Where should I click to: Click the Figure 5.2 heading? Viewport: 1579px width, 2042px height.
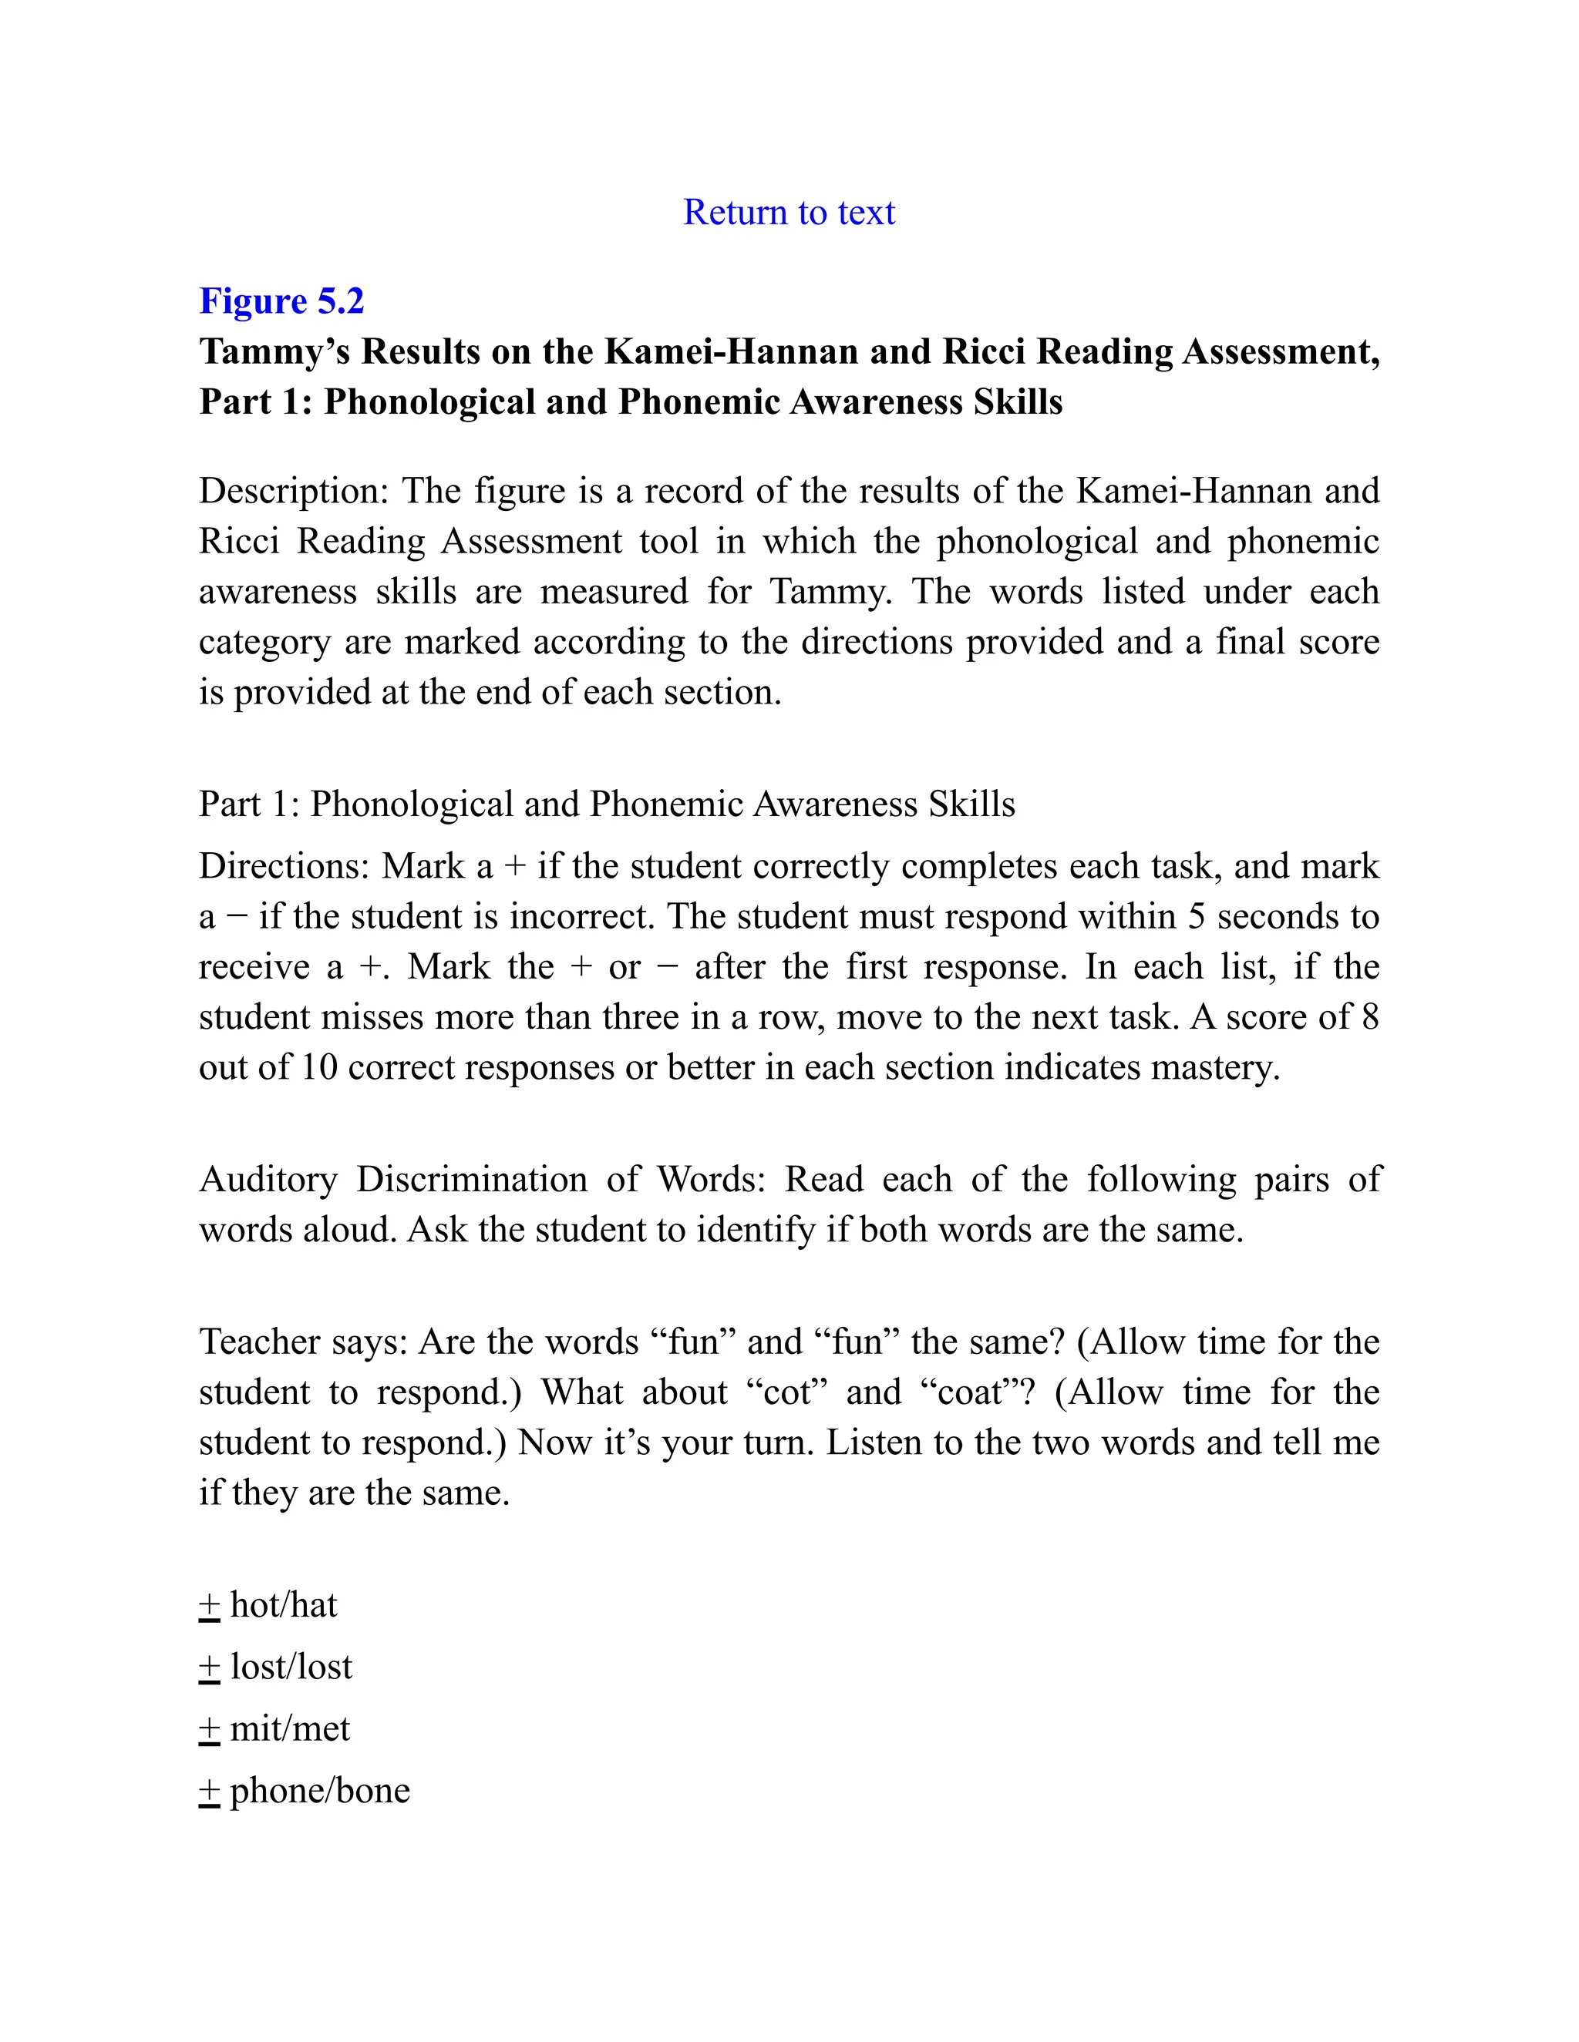[x=281, y=301]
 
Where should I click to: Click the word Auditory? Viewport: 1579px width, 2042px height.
[x=268, y=1179]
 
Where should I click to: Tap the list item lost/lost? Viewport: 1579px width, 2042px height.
[x=291, y=1667]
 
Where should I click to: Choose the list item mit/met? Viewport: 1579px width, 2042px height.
[x=290, y=1729]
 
